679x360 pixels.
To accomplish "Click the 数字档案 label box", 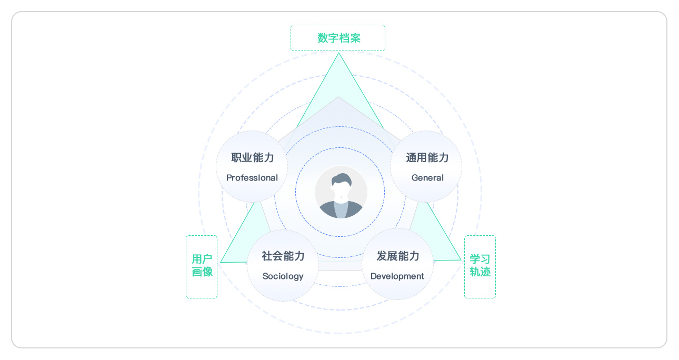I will pos(338,38).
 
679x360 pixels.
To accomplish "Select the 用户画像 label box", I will pos(202,266).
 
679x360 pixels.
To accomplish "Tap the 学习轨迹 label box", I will pos(480,266).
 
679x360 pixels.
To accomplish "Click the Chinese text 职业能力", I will pos(252,157).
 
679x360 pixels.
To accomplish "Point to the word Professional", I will pos(252,178).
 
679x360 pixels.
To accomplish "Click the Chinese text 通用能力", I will pos(427,157).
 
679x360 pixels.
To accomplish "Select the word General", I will pos(427,178).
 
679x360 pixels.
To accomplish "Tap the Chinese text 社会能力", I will pos(283,256).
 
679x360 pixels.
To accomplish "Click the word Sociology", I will pos(283,276).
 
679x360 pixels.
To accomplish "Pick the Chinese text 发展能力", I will pos(397,256).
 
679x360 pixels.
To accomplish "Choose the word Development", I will pos(397,276).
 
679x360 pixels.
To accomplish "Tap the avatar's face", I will pos(341,191).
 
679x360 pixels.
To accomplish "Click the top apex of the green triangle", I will pos(338,54).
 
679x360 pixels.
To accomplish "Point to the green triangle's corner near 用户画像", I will pos(222,261).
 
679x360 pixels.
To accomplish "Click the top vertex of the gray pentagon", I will pos(338,97).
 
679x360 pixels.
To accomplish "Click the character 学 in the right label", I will pos(474,259).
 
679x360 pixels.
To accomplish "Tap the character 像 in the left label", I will pos(207,272).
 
